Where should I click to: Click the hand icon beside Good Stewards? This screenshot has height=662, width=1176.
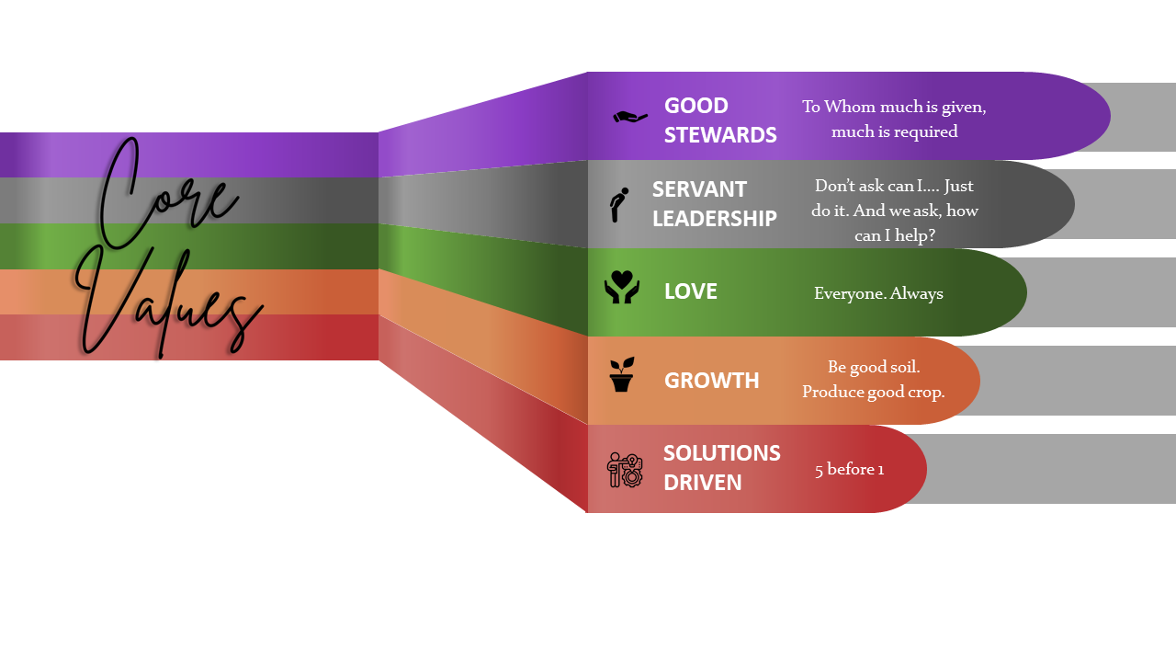(629, 117)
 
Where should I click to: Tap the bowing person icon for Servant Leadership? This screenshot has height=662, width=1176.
(620, 204)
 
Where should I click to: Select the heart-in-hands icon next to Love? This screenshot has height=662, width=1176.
(622, 287)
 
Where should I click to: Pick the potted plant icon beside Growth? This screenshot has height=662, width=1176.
(622, 375)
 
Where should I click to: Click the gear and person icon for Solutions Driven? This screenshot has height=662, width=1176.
(625, 469)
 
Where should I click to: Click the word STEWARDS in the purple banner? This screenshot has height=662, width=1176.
(720, 135)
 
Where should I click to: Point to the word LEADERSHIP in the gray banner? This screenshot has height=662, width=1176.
(715, 219)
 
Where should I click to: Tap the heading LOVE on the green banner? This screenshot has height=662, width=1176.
(691, 291)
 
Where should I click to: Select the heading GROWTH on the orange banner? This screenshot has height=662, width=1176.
(712, 381)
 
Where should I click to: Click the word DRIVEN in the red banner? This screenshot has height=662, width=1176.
(703, 483)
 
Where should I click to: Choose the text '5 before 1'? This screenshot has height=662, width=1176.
(849, 470)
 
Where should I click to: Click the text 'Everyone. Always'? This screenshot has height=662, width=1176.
(878, 294)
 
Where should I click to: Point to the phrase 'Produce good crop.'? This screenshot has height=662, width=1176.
(873, 392)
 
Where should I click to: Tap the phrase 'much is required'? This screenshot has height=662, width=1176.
(894, 131)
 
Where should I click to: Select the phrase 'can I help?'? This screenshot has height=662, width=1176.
(895, 236)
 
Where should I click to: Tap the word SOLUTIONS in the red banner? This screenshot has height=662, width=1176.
(722, 453)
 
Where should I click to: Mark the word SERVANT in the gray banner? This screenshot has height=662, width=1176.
(699, 189)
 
